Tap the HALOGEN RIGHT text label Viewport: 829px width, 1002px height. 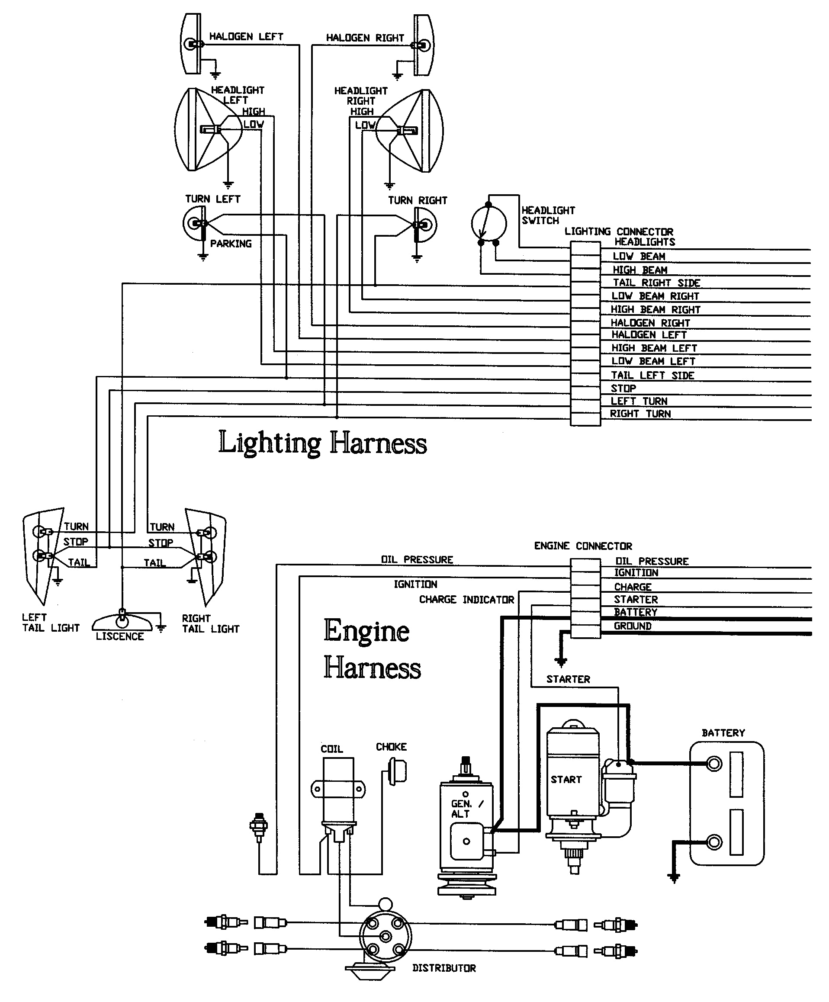point(365,38)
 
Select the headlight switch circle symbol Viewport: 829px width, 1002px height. point(489,223)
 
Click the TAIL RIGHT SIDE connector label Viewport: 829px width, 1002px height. point(656,283)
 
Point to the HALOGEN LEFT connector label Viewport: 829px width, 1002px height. point(649,335)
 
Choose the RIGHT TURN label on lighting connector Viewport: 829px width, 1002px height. point(640,414)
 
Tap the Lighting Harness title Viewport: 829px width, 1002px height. point(322,443)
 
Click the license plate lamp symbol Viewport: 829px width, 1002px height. point(122,620)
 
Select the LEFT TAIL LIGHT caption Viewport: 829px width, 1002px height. point(50,623)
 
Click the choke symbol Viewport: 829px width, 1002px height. point(398,771)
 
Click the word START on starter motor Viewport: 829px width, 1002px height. point(566,779)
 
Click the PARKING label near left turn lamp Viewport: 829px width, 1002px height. point(231,244)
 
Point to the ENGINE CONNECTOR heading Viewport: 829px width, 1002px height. point(583,546)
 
